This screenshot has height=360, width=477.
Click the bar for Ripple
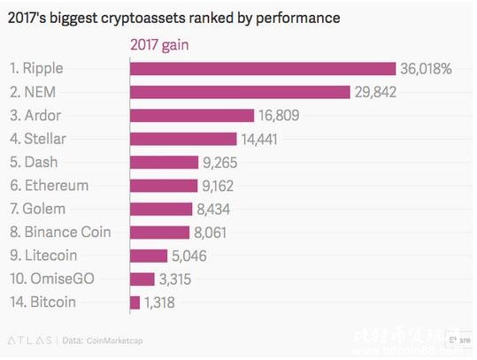(x=262, y=69)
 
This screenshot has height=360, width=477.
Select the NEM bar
(x=241, y=92)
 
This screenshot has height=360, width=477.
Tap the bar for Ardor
(x=193, y=115)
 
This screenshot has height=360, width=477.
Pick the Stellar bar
(x=183, y=139)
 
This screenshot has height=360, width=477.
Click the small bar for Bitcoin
(x=135, y=303)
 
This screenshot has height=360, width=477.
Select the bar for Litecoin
(x=148, y=256)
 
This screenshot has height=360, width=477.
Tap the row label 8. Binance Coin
(x=59, y=233)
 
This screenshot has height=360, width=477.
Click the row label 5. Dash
(x=36, y=162)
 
